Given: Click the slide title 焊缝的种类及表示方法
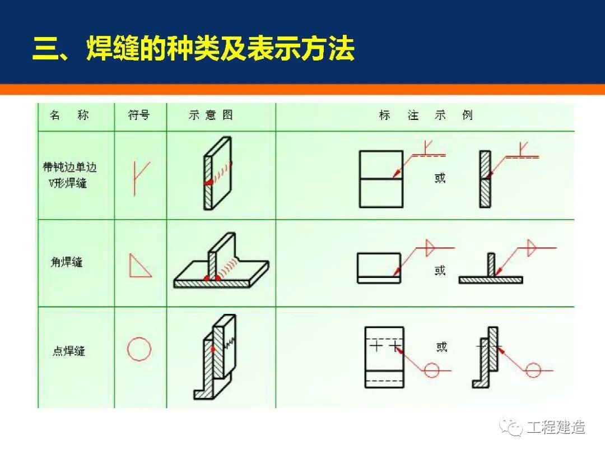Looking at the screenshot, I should (x=194, y=49).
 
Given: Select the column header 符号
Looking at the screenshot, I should (x=139, y=115).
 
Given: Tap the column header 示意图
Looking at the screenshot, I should (x=211, y=115).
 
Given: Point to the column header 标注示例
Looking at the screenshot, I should (x=426, y=115).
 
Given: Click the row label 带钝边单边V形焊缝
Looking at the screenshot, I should (x=69, y=174).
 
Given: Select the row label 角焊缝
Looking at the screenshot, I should (x=67, y=262).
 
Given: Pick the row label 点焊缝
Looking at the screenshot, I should (x=69, y=351).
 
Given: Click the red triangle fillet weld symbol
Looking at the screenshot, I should (x=139, y=265).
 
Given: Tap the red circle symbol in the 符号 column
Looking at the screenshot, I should (x=139, y=350).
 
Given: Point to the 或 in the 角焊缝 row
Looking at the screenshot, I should (x=440, y=270).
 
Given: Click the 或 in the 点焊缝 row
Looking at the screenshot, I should (x=442, y=346).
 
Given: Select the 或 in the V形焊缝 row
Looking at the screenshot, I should (x=440, y=178).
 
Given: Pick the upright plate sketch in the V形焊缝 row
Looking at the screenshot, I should (x=217, y=174).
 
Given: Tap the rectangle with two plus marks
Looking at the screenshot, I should (x=384, y=356).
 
